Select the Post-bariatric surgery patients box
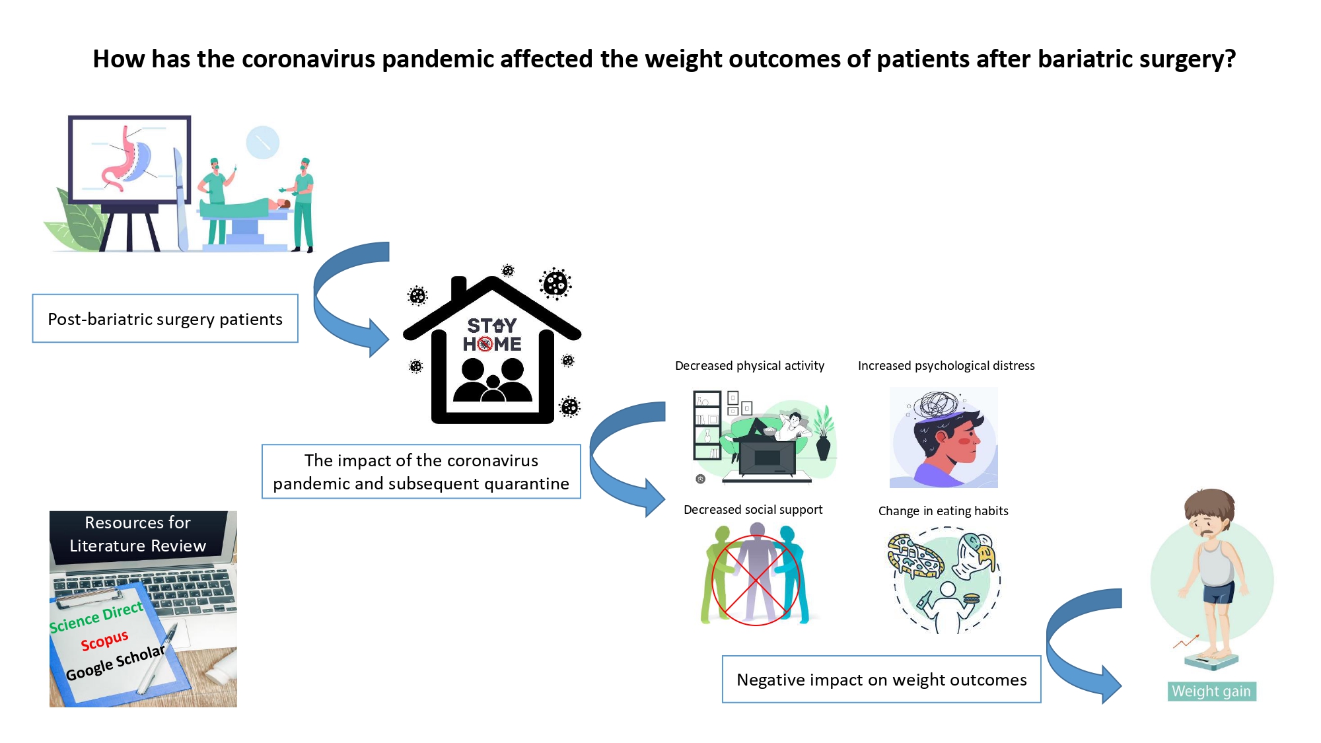(165, 319)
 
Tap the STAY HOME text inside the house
(492, 335)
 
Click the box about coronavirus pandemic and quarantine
(421, 472)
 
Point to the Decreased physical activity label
(750, 366)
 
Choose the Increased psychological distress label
(946, 366)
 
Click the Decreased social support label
(753, 510)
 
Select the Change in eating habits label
(943, 511)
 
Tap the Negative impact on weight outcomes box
(882, 680)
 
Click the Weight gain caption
(1211, 691)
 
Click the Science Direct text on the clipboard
(96, 617)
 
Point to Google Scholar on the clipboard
(116, 662)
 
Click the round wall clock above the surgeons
(263, 142)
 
